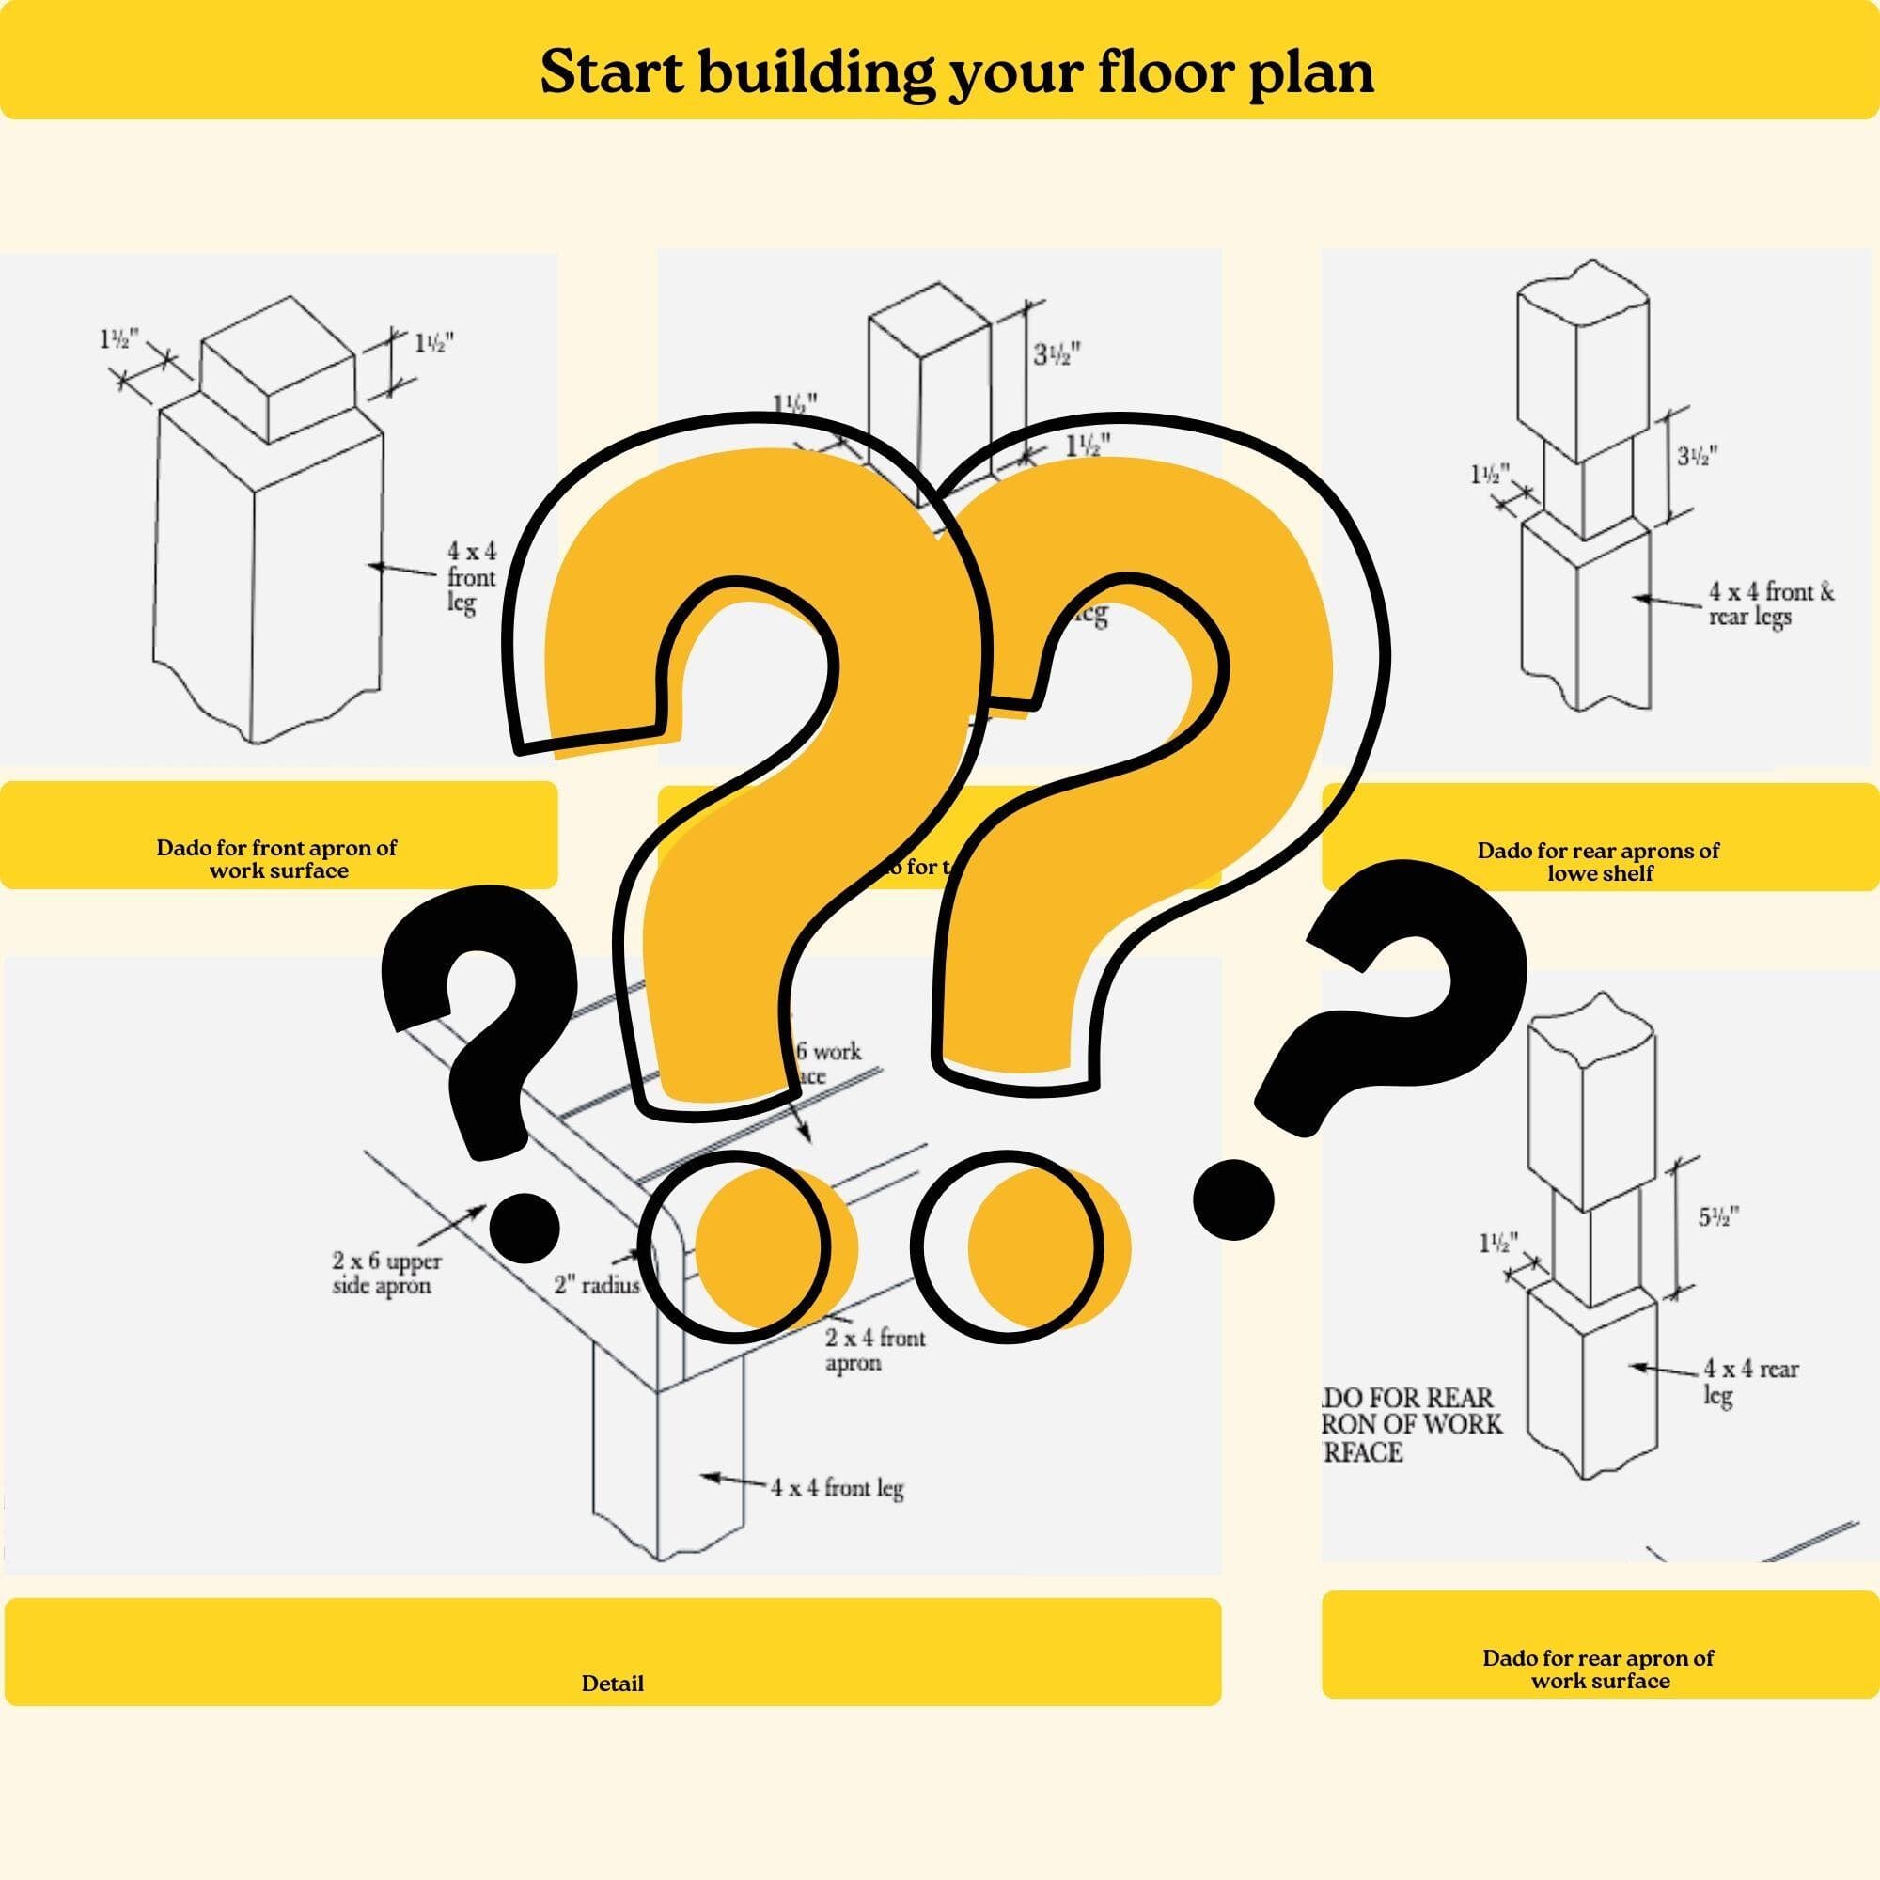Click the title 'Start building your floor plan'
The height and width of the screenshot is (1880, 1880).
coord(957,72)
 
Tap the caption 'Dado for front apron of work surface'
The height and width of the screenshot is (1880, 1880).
coord(277,858)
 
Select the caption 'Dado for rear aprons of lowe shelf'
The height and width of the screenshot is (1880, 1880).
coord(1599,861)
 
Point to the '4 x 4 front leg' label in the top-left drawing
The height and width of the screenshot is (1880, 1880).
coord(471,577)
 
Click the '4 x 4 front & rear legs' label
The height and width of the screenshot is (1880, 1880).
coord(1770,603)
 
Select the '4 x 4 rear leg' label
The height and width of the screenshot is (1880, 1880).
coord(1748,1382)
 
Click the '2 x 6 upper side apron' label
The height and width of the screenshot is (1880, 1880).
coord(386,1273)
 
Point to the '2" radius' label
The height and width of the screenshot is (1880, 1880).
coord(597,1284)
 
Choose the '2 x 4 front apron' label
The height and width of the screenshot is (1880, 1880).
coord(875,1350)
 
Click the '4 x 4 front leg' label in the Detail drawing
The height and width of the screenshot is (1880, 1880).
coord(837,1487)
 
